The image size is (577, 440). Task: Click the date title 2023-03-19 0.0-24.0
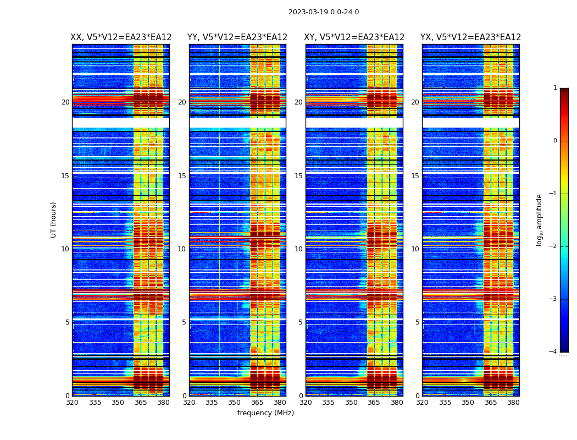323,12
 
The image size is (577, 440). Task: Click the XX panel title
121,37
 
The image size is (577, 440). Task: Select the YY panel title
237,37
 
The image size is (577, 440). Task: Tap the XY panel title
354,37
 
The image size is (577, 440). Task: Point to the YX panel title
471,37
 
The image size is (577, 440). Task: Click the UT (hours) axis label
54,219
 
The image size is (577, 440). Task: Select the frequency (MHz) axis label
265,413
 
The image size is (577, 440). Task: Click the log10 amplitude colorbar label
540,219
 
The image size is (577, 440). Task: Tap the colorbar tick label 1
555,88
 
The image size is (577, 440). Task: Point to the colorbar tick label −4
553,352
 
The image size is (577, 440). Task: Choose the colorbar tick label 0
555,141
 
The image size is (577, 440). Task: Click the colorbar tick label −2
553,246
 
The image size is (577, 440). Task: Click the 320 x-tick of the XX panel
72,403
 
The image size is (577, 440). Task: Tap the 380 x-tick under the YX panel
513,403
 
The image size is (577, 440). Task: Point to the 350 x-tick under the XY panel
351,403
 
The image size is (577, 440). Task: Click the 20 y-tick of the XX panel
65,102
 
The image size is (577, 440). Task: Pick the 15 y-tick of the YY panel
182,176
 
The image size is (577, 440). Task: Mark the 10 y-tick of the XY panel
298,249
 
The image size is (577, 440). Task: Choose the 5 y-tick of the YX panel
417,322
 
